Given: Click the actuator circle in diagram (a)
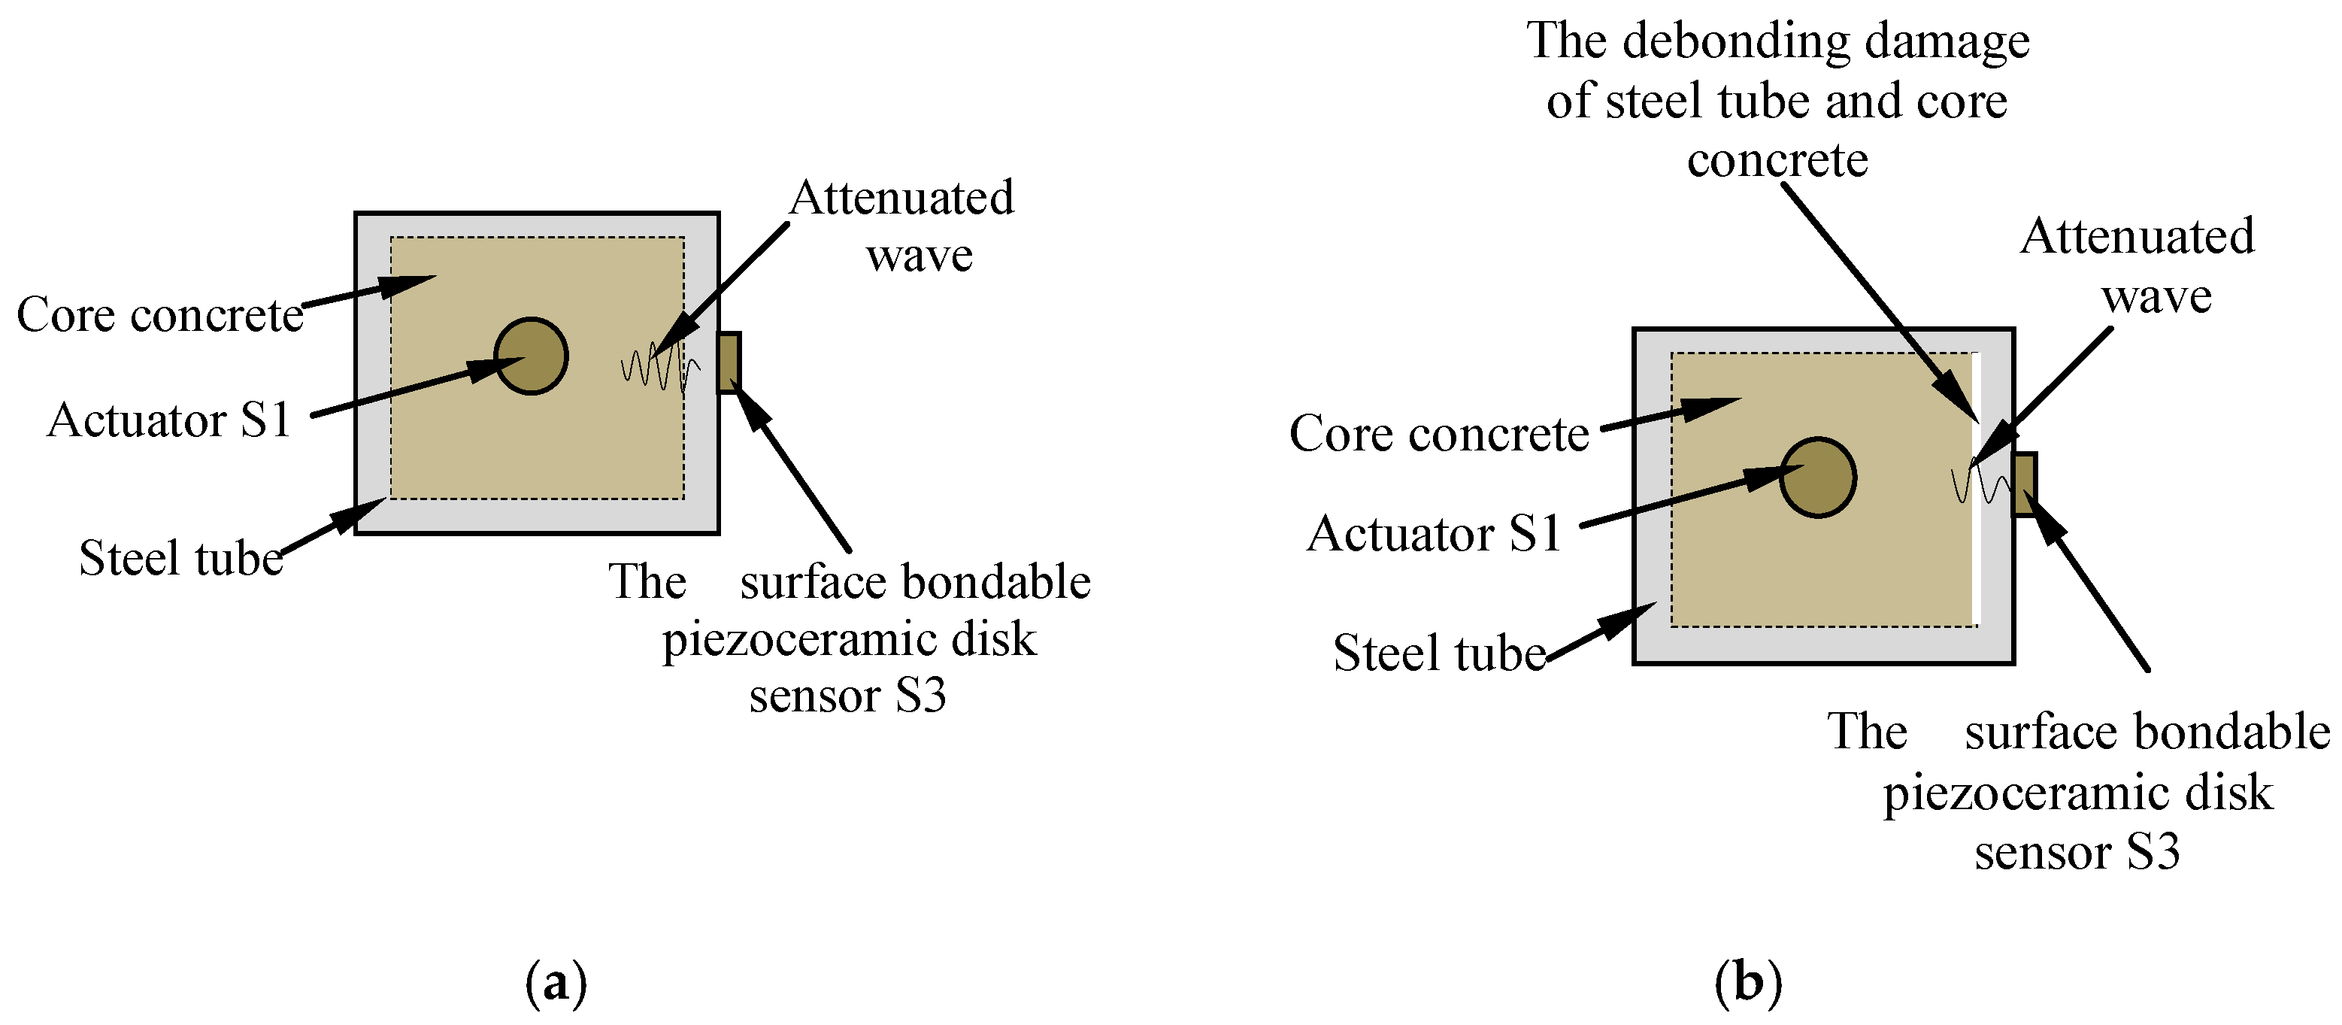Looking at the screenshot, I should (531, 356).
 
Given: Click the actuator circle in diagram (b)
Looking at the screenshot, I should (1816, 478).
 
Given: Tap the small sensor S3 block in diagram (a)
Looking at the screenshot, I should (729, 362).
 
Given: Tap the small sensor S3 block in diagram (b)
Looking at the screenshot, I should (2025, 484).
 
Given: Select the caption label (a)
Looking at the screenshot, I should (556, 983).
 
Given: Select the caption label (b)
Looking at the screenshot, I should (1747, 983).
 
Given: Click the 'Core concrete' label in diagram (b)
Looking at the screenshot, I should (1438, 434).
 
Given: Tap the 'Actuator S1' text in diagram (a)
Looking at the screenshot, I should (169, 420).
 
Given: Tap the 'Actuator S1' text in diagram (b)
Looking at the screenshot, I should (1434, 534).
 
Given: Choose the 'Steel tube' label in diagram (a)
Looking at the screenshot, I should (181, 557).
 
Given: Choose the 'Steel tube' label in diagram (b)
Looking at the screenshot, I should (1438, 653).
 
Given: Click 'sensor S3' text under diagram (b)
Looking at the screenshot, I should (2077, 852).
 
